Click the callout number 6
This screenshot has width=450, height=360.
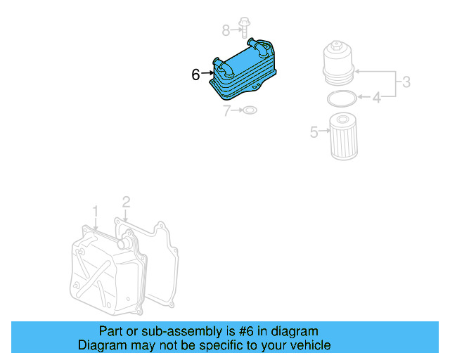(x=196, y=74)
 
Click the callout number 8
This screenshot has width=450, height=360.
(x=226, y=30)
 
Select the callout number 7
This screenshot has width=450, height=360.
(x=227, y=110)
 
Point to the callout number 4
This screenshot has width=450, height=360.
(x=376, y=97)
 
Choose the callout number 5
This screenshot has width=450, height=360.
(x=314, y=131)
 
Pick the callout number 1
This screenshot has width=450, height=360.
(x=96, y=210)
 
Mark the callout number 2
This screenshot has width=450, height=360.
(x=126, y=202)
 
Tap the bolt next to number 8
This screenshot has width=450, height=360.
(x=243, y=27)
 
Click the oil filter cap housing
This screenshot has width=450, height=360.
(x=338, y=64)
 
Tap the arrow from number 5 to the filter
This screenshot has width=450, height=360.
(x=325, y=130)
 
